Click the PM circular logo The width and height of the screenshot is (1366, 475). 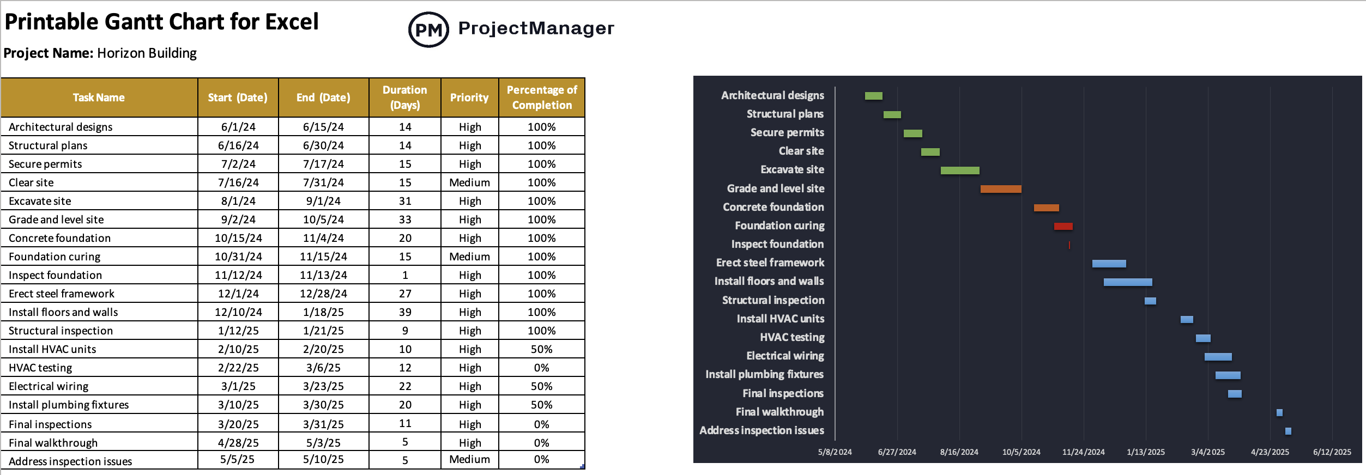428,29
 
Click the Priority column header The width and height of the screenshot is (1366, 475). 469,98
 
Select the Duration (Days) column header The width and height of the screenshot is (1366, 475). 404,98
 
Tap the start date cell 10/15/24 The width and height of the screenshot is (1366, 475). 238,238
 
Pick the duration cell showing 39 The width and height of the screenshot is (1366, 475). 404,312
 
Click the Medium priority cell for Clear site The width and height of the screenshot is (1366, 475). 469,182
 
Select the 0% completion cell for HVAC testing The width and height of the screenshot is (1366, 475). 541,368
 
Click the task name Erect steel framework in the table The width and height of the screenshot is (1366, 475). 62,294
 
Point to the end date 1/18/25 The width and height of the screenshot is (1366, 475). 323,312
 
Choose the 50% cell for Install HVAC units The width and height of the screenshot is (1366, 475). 541,349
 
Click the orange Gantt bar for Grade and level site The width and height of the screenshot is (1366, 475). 1000,189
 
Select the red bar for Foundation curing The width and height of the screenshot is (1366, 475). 1063,226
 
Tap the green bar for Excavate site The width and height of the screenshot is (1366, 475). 959,170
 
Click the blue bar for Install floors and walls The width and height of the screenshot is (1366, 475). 1127,282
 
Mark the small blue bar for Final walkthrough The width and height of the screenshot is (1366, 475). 1279,412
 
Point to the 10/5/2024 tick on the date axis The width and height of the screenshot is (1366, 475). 1021,452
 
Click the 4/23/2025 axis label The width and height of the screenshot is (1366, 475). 1270,452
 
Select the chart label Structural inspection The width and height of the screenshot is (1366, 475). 773,300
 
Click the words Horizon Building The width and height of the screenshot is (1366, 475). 147,53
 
